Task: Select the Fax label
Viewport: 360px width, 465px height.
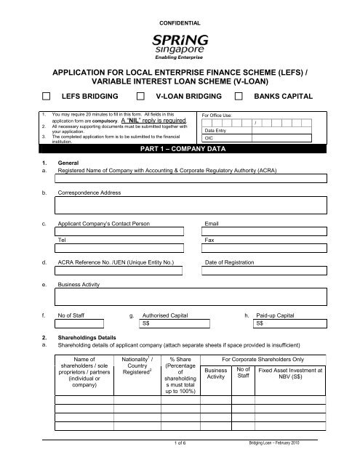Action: tap(209, 238)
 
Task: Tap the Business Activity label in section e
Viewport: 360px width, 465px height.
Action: tap(80, 286)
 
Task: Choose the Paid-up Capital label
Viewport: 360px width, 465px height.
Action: tap(279, 317)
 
